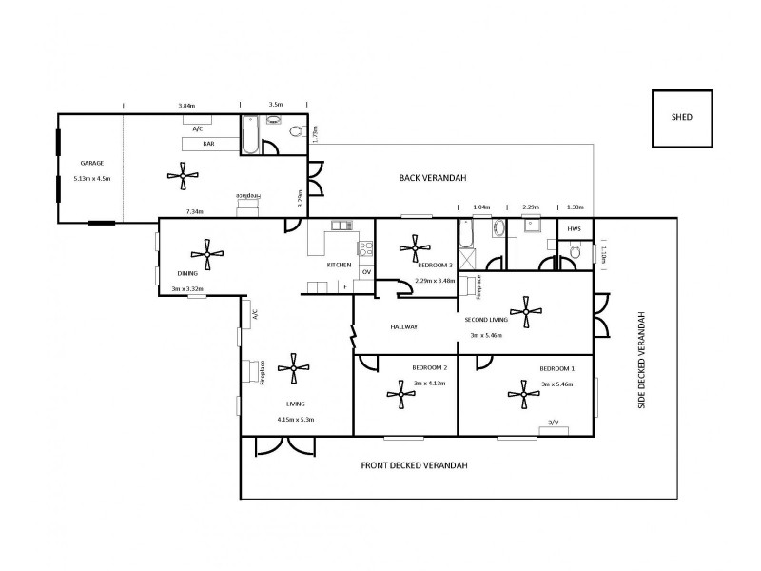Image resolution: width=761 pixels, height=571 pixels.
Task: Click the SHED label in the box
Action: (x=680, y=118)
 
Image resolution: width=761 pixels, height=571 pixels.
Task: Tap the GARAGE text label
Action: (x=91, y=163)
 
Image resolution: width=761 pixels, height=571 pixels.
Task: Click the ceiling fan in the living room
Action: (x=293, y=367)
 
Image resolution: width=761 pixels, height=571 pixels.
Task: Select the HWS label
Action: (x=574, y=229)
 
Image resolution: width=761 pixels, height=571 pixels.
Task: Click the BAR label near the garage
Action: (x=207, y=143)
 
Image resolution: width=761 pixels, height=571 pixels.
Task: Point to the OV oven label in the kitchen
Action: (x=365, y=271)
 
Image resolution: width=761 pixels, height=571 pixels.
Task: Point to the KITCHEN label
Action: (x=339, y=265)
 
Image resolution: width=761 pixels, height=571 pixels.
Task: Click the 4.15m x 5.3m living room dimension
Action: (x=295, y=419)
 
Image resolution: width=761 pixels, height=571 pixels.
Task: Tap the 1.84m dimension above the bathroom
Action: (x=480, y=207)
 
